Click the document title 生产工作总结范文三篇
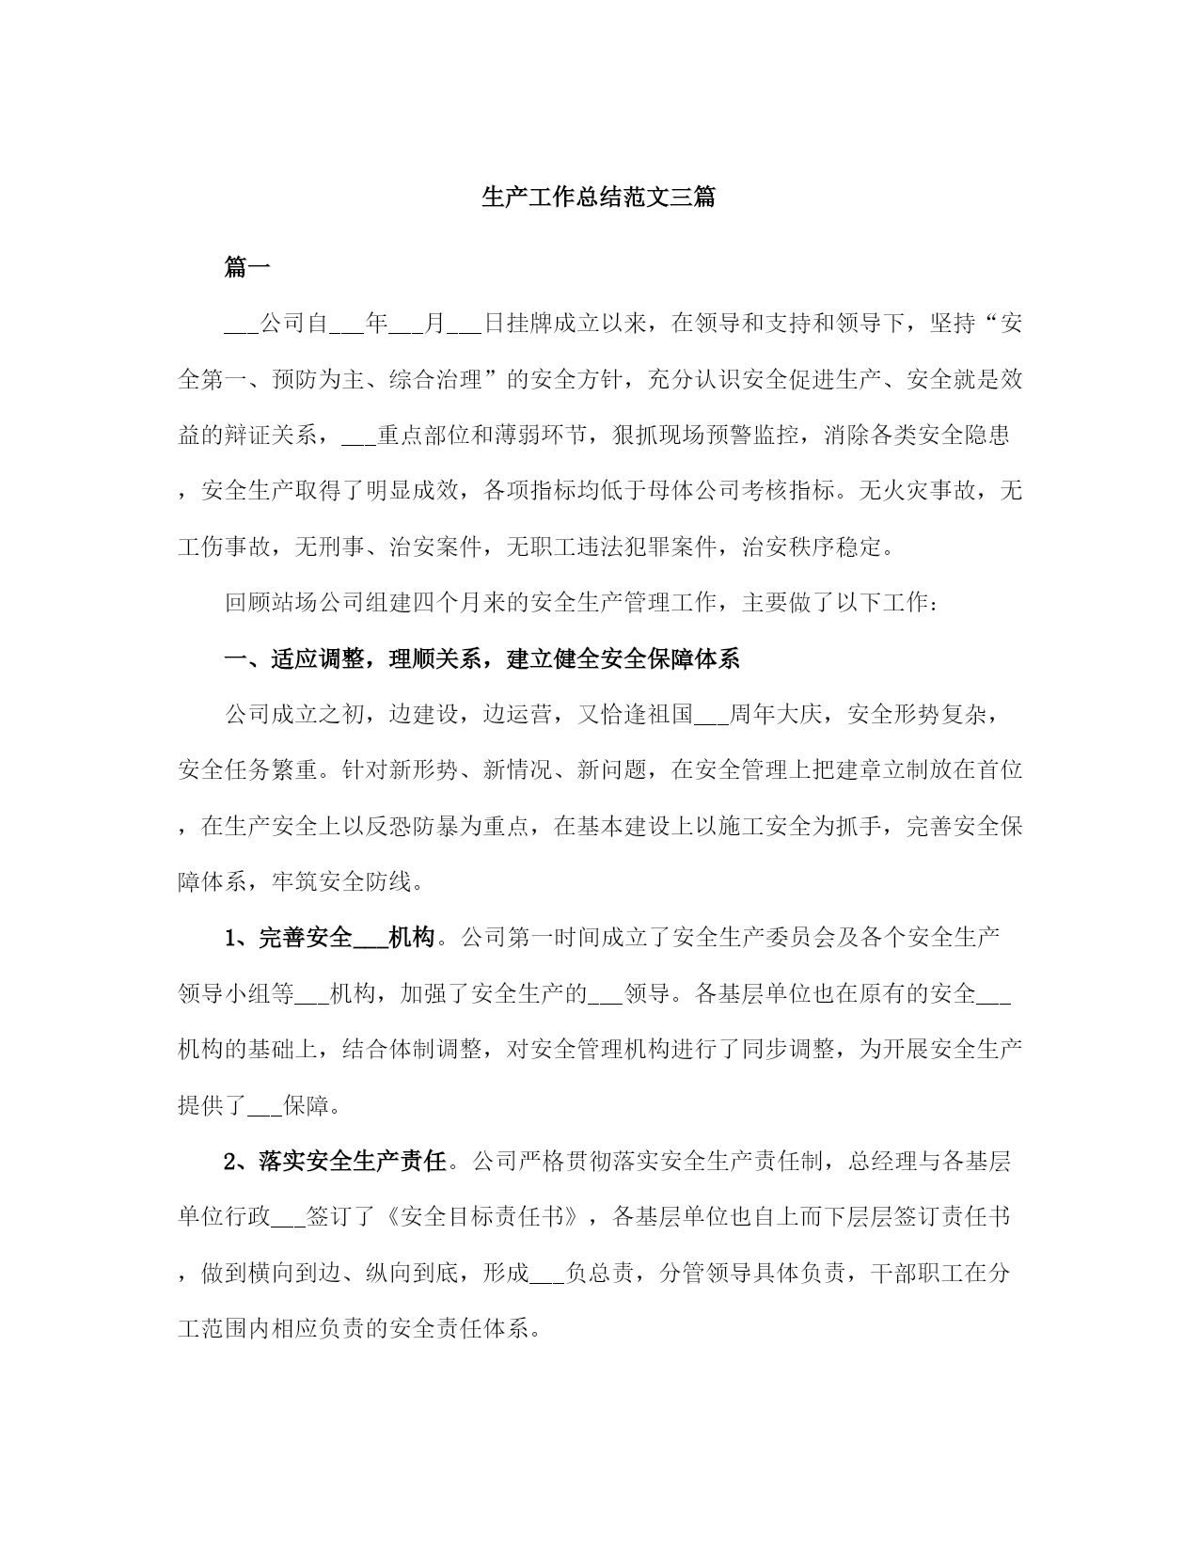[598, 198]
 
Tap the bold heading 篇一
[247, 268]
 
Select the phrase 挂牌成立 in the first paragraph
[554, 325]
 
